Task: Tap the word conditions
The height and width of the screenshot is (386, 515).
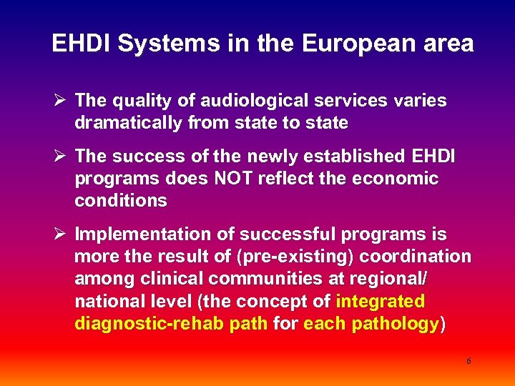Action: (x=121, y=200)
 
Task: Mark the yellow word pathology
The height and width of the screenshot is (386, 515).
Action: (x=396, y=324)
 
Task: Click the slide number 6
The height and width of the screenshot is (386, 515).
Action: (x=469, y=361)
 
